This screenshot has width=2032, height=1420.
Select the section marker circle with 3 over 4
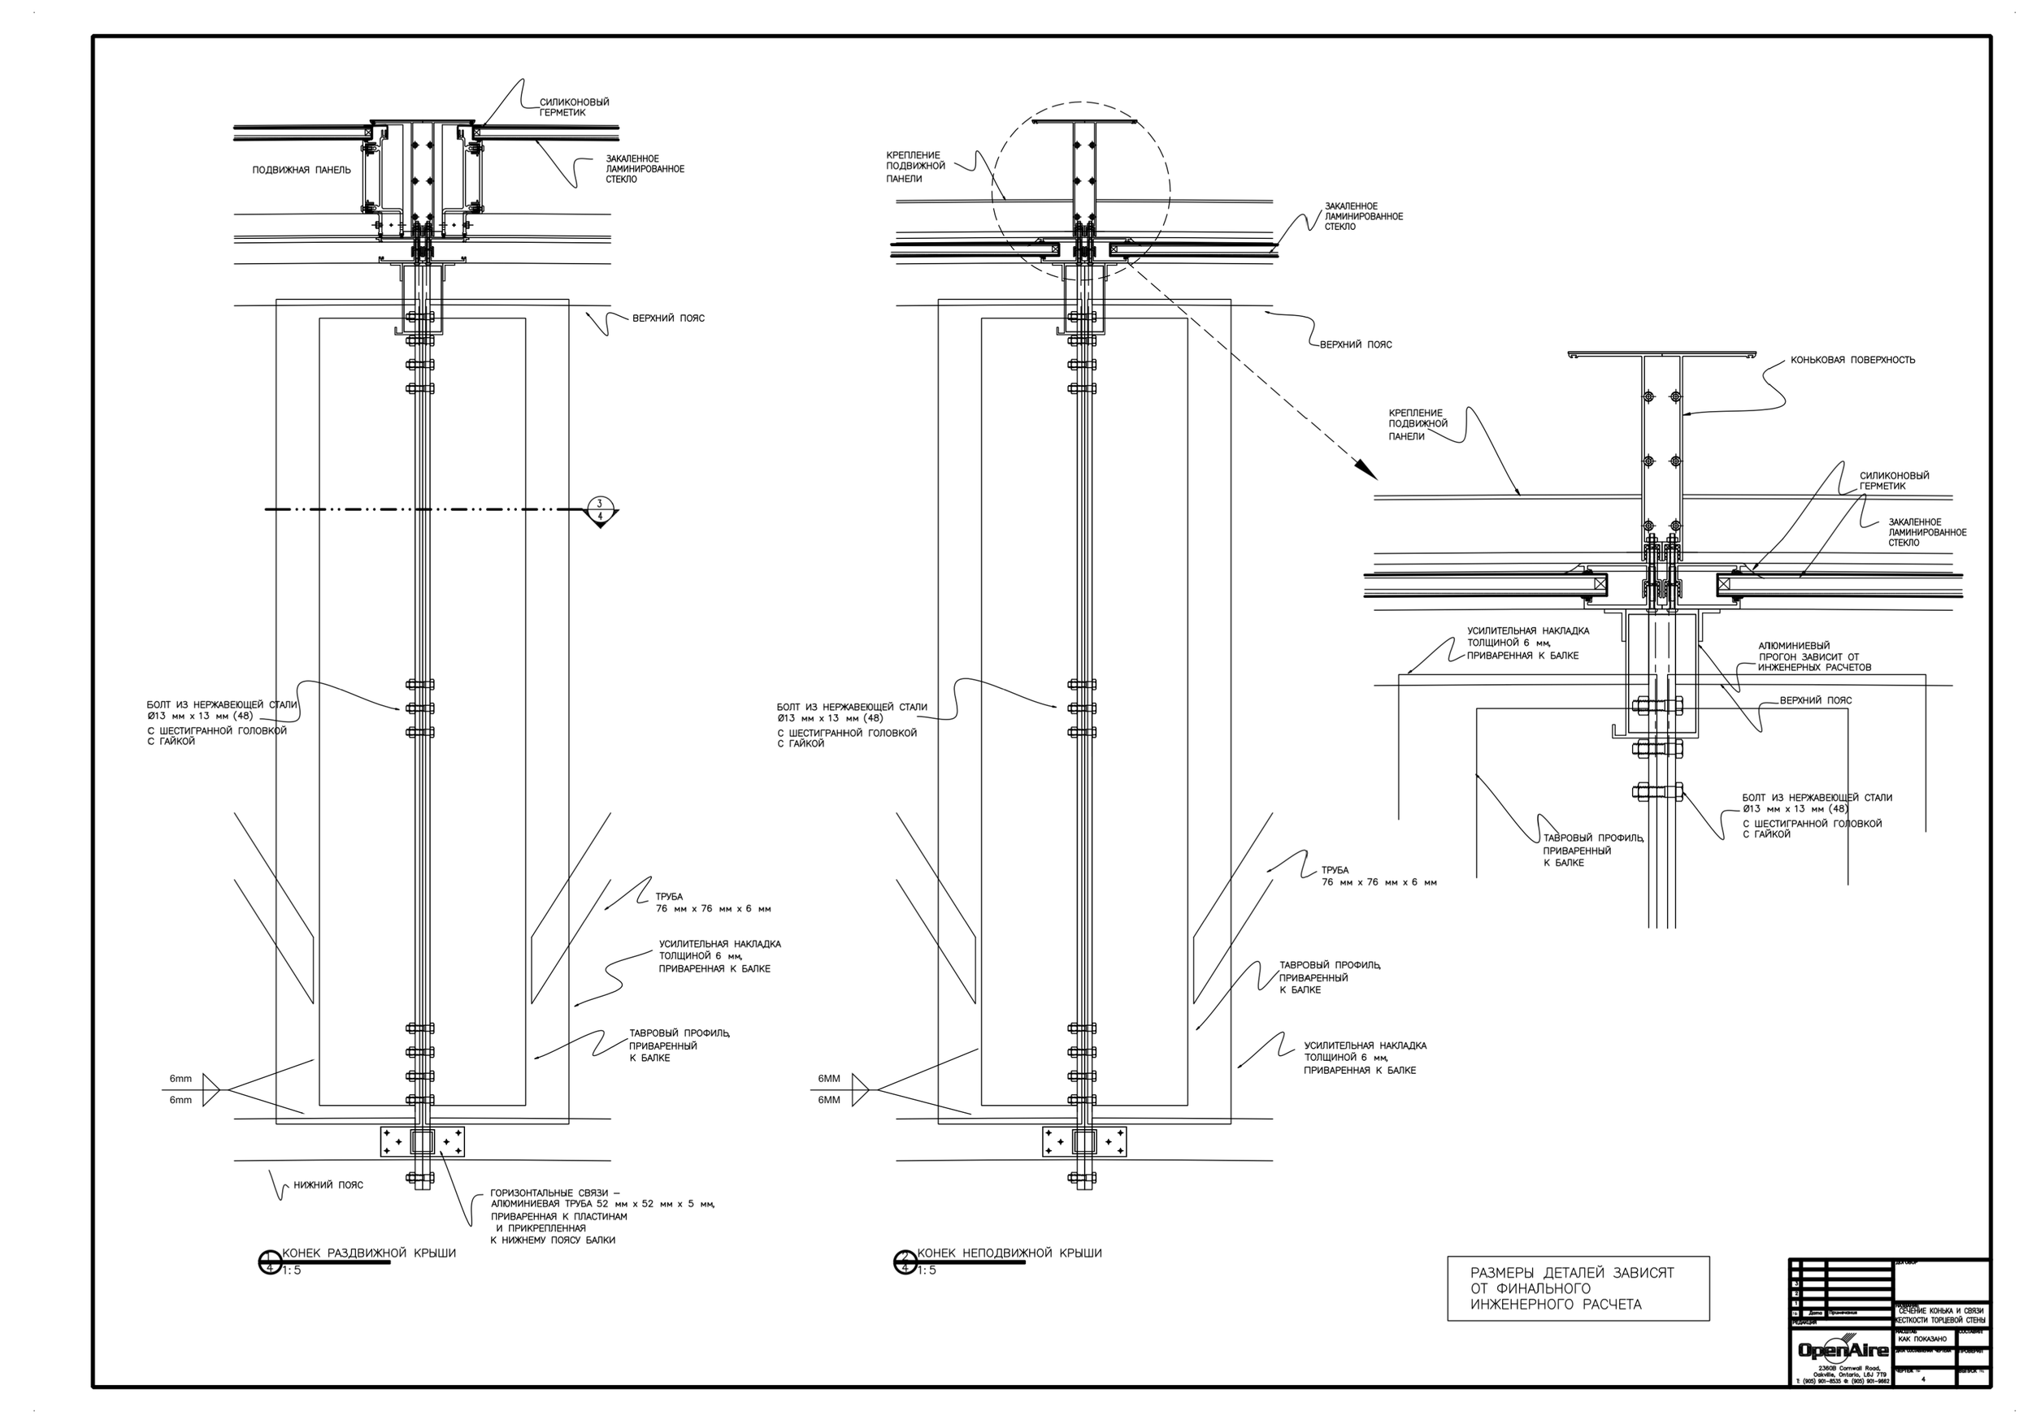[x=601, y=509]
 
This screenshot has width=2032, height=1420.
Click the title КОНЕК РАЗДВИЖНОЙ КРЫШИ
[x=369, y=1253]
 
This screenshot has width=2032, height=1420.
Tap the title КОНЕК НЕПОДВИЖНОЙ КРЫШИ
[x=1009, y=1253]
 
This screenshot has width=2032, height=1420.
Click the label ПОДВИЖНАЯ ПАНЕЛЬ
[x=301, y=170]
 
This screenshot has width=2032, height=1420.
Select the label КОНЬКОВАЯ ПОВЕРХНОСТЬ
[x=1852, y=360]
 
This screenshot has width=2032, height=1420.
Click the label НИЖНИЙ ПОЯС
[x=328, y=1184]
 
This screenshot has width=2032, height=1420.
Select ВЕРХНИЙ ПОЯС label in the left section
[x=668, y=318]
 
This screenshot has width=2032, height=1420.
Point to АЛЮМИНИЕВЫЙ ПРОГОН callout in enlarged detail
[x=1813, y=656]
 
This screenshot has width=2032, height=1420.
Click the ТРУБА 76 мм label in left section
[x=713, y=903]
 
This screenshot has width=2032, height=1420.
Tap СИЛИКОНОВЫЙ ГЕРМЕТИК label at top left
[x=575, y=107]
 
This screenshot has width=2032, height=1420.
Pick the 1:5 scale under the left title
[x=293, y=1271]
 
